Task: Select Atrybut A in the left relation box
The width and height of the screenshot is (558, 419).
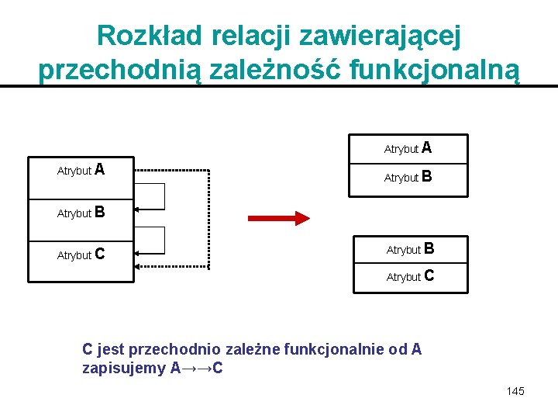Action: click(x=81, y=170)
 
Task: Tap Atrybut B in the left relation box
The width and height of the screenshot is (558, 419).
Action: click(x=81, y=212)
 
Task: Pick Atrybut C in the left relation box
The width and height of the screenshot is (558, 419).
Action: click(x=81, y=254)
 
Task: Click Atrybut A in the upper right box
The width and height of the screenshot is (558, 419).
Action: click(x=408, y=147)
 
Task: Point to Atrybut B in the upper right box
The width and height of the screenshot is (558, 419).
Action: click(x=408, y=177)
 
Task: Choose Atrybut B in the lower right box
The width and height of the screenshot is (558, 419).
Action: click(x=410, y=249)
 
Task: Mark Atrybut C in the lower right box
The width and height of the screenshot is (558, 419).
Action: click(x=410, y=276)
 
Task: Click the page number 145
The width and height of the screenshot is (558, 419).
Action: click(x=515, y=391)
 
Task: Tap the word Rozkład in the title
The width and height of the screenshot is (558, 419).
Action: click(x=146, y=35)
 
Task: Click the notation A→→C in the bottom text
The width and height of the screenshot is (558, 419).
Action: click(x=196, y=368)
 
